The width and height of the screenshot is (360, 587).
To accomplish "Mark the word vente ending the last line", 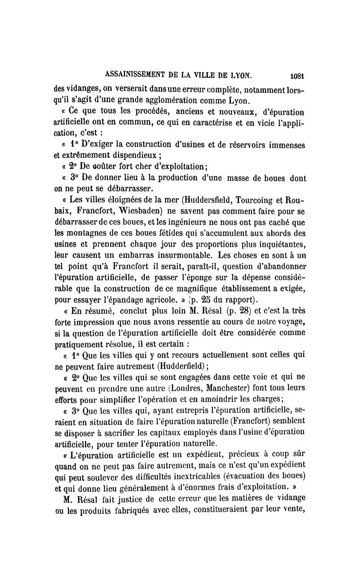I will pyautogui.click(x=293, y=510).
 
